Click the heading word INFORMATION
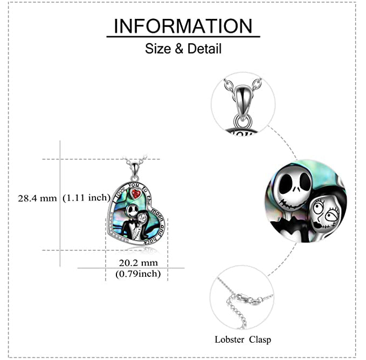[x=183, y=26]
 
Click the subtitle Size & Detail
[x=183, y=49]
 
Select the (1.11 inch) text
[x=86, y=198]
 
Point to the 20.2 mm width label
[x=138, y=263]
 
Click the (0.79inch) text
[x=138, y=274]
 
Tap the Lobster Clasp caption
[x=243, y=339]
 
